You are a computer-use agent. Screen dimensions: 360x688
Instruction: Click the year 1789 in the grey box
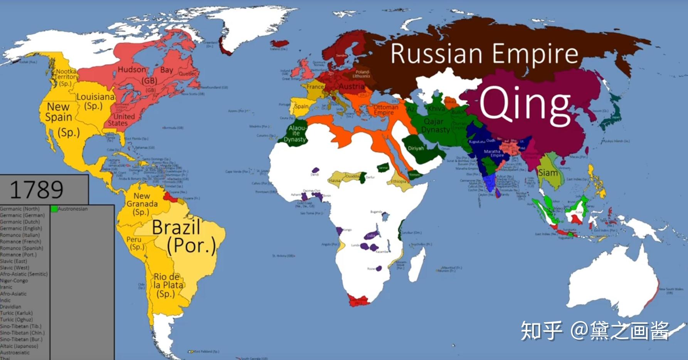[37, 189]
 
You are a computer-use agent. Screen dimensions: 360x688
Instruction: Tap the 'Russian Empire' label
[484, 54]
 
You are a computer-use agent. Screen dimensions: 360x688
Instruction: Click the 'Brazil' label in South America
[176, 227]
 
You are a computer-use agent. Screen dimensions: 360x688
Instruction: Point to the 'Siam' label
[548, 173]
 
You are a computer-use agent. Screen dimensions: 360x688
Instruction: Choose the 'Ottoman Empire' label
[385, 110]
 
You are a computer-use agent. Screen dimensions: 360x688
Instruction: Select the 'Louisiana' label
[95, 101]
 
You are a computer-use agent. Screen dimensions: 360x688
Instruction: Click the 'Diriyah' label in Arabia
[416, 148]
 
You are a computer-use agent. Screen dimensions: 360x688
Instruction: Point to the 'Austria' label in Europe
[352, 86]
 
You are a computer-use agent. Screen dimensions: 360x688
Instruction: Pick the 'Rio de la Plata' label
[168, 285]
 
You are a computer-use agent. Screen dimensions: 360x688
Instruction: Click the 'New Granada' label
[142, 204]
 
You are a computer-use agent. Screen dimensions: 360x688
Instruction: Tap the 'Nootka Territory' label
[66, 77]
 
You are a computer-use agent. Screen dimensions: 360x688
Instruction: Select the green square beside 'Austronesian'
[54, 209]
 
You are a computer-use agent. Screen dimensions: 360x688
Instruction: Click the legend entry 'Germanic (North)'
[20, 209]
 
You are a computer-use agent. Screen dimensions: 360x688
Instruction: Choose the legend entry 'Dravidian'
[10, 307]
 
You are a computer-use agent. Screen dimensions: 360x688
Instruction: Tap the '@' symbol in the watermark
[579, 330]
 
